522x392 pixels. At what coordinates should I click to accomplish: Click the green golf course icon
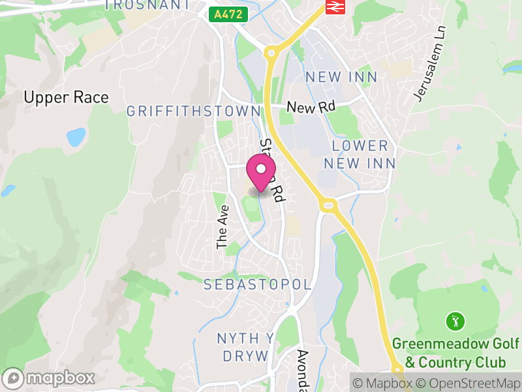[x=455, y=321]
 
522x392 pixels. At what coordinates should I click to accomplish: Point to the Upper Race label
[x=66, y=97]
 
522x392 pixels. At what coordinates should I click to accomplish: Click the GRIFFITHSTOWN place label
[x=193, y=112]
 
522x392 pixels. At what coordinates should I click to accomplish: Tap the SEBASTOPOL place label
[x=257, y=286]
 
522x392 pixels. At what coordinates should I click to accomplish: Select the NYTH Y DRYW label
[x=245, y=347]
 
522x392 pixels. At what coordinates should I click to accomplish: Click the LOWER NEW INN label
[x=360, y=154]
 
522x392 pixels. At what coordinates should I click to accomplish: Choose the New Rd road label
[x=310, y=107]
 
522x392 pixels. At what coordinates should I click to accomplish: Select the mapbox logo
[x=50, y=378]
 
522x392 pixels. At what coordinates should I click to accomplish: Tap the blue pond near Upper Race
[x=76, y=137]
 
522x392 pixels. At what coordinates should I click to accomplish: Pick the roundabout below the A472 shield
[x=271, y=52]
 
